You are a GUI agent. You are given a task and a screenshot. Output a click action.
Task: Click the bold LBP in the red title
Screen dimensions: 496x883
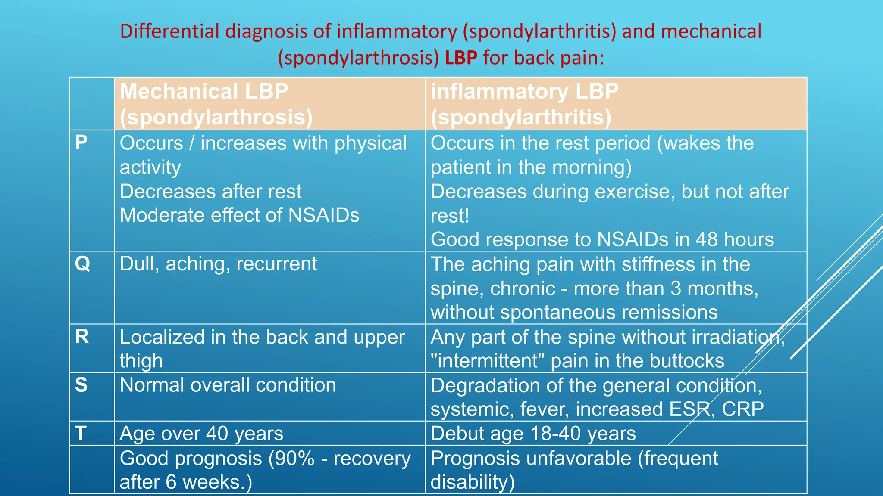461,58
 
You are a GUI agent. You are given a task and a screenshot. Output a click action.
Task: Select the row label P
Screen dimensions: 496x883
81,143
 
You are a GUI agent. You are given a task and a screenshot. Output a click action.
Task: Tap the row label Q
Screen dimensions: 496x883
82,263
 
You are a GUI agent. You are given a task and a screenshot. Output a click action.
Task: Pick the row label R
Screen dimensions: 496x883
82,336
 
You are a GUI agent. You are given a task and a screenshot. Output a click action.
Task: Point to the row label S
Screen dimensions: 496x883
81,384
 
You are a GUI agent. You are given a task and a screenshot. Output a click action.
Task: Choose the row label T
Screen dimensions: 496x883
81,433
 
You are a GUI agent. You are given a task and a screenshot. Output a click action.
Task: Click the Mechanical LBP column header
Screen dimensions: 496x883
216,104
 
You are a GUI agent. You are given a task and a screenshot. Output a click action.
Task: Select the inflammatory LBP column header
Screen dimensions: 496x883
524,104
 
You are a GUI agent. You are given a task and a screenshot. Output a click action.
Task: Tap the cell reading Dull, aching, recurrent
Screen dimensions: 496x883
218,263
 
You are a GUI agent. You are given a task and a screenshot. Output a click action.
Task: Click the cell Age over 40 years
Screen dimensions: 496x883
201,434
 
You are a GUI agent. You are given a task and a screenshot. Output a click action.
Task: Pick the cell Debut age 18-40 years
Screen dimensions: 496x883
533,434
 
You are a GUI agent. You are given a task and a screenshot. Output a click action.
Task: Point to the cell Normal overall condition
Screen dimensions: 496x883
228,385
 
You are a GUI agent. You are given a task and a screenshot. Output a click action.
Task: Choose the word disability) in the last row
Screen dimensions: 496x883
473,482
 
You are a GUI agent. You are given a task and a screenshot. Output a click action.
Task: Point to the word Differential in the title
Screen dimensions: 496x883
170,31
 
